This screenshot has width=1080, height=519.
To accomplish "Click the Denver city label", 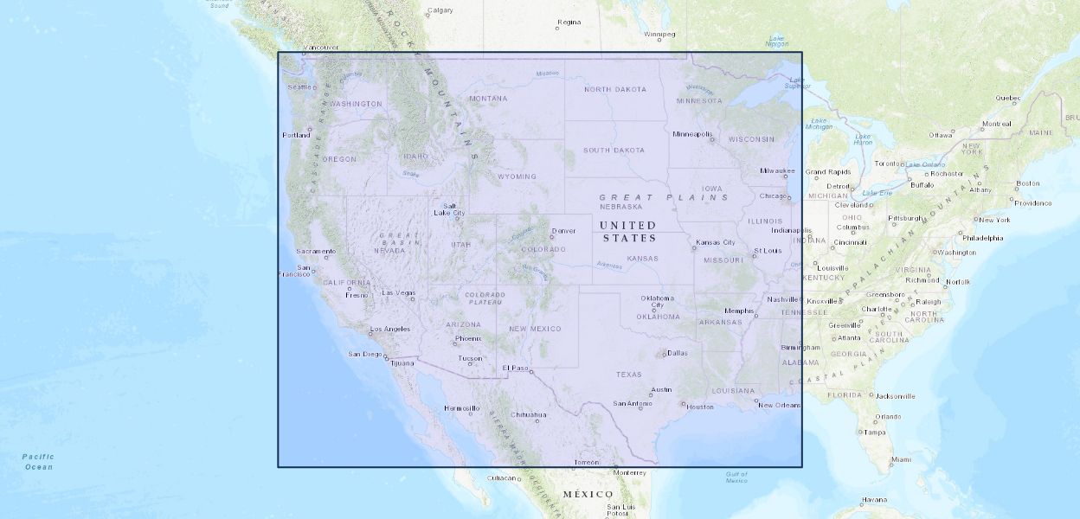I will [563, 231].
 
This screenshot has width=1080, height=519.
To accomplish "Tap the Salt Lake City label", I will [449, 209].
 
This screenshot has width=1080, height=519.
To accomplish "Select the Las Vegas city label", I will [399, 292].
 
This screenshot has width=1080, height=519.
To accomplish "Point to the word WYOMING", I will [517, 176].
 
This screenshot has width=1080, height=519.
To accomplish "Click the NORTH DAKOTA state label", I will [614, 89].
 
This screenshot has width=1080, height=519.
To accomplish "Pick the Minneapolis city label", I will [692, 134].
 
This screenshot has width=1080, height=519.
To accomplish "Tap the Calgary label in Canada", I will [440, 10].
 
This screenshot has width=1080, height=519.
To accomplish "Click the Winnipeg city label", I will [659, 35].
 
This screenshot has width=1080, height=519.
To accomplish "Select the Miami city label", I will [901, 459].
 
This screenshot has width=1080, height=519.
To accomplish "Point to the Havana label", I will [874, 499].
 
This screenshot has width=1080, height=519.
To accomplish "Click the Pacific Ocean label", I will [38, 462].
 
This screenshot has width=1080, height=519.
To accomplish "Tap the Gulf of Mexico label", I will [736, 477].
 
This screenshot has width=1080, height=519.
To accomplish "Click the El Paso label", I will [515, 368].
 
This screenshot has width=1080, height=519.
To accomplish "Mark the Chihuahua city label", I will [529, 414].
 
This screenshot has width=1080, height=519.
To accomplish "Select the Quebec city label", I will [1008, 98].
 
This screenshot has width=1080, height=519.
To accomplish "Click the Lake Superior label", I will [797, 83].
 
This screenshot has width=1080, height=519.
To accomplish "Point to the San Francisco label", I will [293, 271].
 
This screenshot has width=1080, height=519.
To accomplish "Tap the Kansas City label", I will [716, 242].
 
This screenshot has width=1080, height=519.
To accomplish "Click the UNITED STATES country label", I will [628, 232].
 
